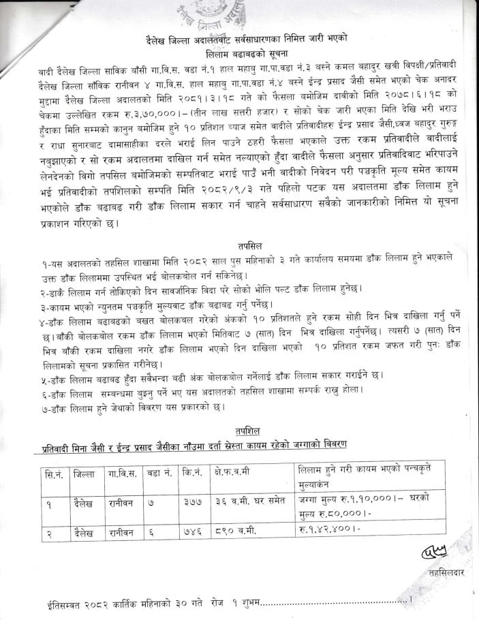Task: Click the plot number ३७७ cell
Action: coord(194,506)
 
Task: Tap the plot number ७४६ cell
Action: coord(194,533)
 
